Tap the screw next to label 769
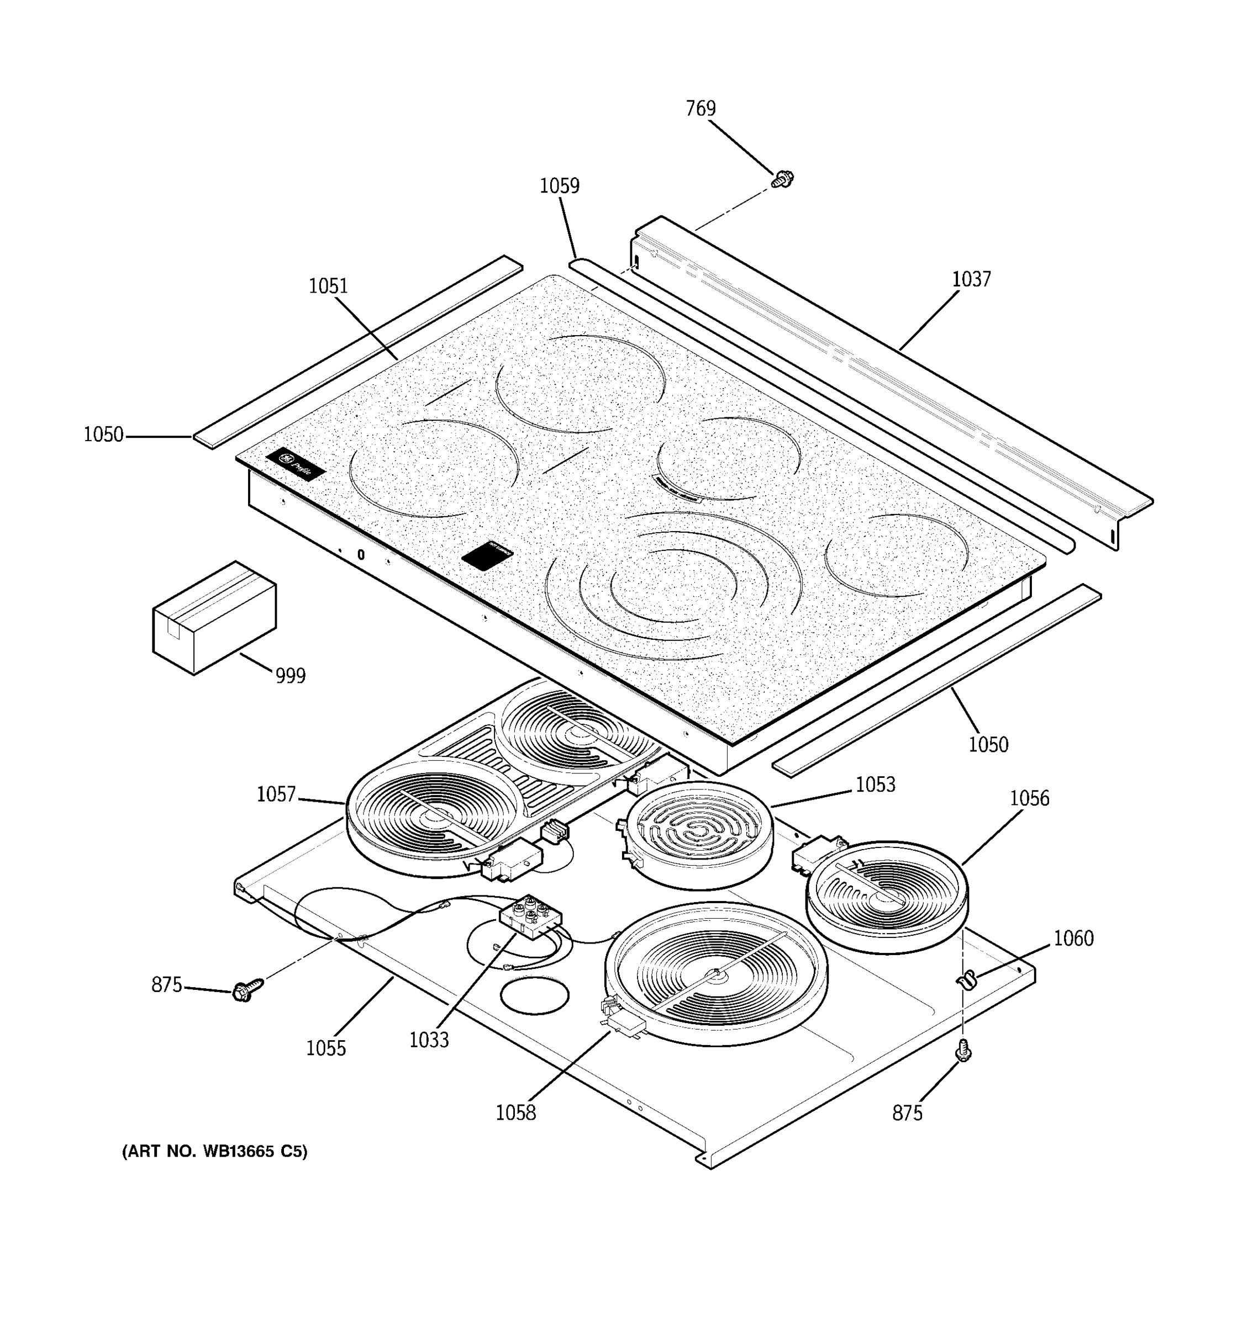pyautogui.click(x=782, y=179)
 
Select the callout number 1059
pyautogui.click(x=559, y=186)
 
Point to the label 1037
pyautogui.click(x=971, y=279)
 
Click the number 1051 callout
pyautogui.click(x=328, y=287)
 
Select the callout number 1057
pyautogui.click(x=276, y=794)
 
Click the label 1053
pyautogui.click(x=875, y=785)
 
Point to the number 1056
pyautogui.click(x=1029, y=798)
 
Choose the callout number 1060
pyautogui.click(x=1073, y=939)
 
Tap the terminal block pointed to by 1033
pyautogui.click(x=530, y=916)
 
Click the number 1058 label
pyautogui.click(x=515, y=1112)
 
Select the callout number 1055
pyautogui.click(x=325, y=1048)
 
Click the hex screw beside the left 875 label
pyautogui.click(x=247, y=990)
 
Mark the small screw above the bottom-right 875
pyautogui.click(x=963, y=1052)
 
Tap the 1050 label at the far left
pyautogui.click(x=103, y=435)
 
